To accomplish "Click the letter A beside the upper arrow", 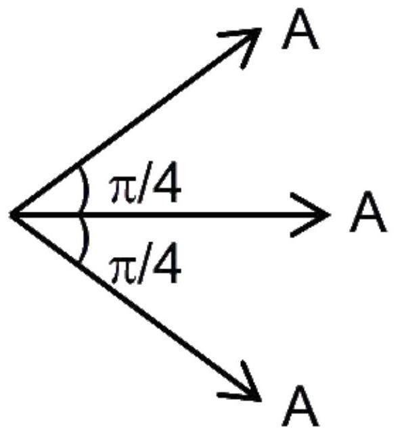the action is pos(300,29).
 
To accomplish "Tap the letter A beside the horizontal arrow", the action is pos(368,211).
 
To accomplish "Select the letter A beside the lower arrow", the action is pos(301,406).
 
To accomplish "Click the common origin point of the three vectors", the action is pos(11,214).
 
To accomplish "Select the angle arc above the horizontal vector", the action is pos(87,191).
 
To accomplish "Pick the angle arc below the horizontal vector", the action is pos(87,238).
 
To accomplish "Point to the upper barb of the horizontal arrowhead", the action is pos(309,204).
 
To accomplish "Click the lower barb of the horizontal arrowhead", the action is pos(309,226).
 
